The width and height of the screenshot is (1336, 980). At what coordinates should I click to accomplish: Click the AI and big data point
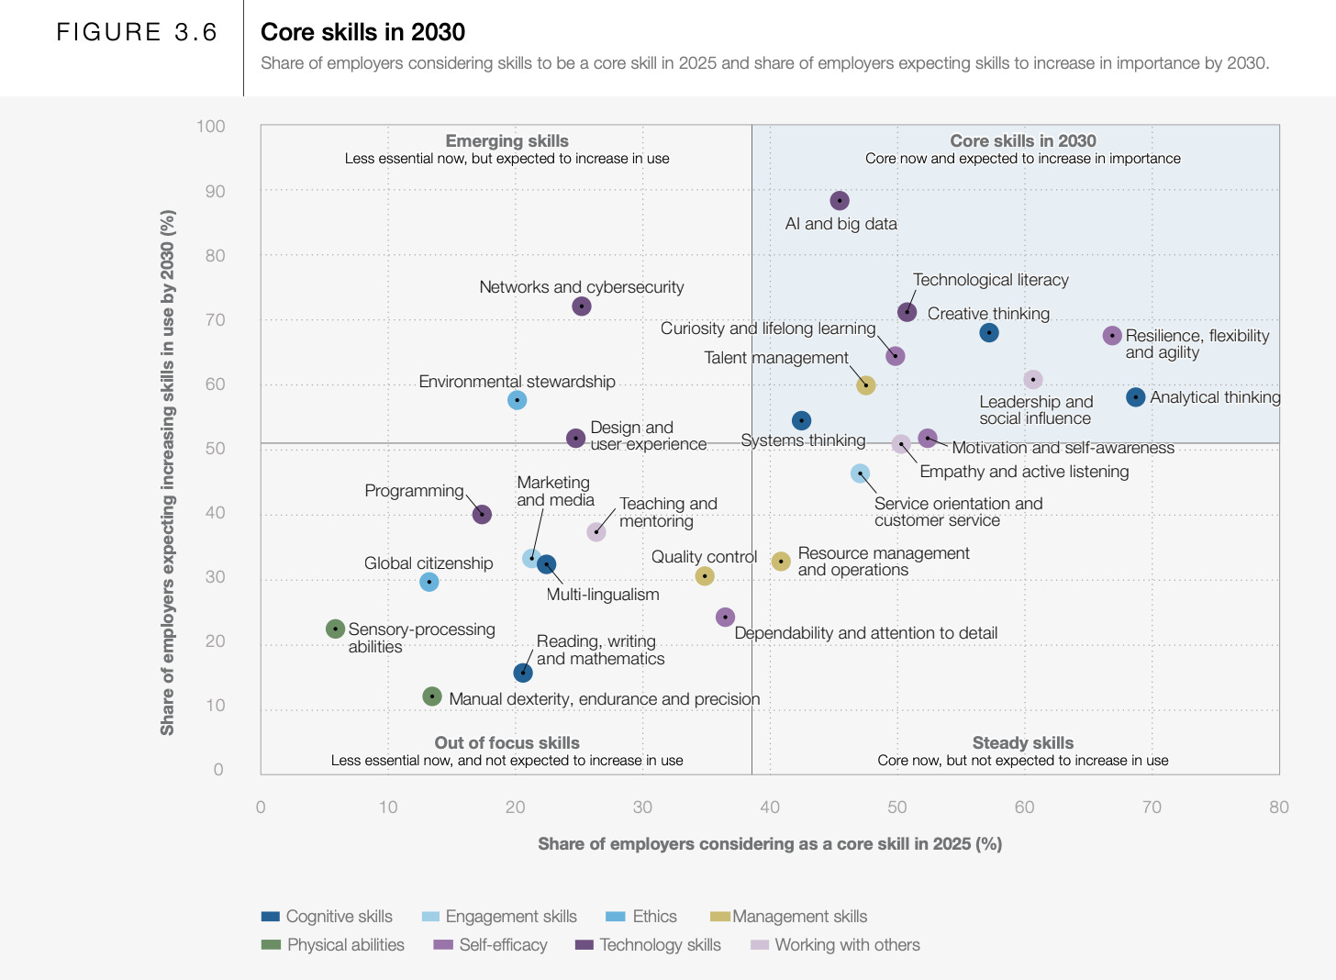(840, 201)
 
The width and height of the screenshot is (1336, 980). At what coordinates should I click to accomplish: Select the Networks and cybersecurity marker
(582, 306)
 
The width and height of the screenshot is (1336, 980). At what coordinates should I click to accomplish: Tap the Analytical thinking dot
(1136, 397)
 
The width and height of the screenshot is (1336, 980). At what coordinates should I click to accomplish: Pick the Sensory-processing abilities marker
(336, 629)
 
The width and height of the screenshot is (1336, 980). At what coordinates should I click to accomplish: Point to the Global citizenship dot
(429, 582)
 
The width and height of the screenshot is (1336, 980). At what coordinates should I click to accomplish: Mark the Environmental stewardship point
(518, 400)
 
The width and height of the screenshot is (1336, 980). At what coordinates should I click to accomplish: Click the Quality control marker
(705, 576)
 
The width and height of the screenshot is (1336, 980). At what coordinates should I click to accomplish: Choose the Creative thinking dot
(989, 333)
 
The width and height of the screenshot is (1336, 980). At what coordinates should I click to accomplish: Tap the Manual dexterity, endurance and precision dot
(432, 696)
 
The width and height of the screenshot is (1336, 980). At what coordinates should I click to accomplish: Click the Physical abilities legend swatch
(271, 944)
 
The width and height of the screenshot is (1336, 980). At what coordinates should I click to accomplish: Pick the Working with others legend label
(847, 945)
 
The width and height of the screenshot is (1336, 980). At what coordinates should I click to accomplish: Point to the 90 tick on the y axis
(215, 191)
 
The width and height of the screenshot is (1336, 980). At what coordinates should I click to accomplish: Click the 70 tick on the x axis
(1152, 807)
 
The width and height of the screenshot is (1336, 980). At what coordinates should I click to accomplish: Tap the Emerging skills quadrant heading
(507, 140)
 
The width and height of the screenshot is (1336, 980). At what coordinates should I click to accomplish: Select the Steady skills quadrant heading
(1023, 742)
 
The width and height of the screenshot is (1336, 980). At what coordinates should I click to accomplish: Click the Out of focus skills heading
(507, 742)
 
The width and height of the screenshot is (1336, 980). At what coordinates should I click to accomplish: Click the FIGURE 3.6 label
(137, 32)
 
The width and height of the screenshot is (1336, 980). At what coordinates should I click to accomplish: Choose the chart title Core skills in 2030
(362, 32)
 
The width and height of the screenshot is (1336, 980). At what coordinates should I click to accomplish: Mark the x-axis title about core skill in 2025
(770, 844)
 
